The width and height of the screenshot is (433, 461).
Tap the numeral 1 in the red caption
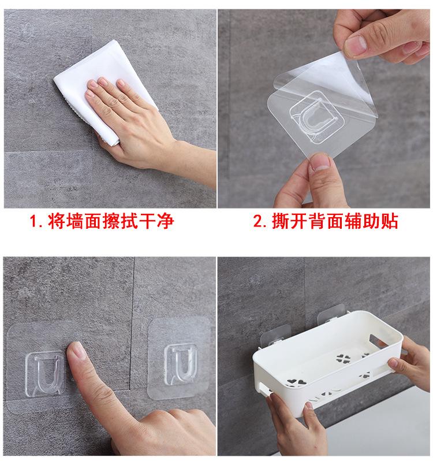[33, 221]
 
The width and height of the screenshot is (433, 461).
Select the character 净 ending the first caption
[166, 221]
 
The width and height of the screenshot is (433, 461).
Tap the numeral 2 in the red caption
[258, 221]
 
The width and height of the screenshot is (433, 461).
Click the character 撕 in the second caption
[281, 221]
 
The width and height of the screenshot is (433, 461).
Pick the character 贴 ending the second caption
[389, 221]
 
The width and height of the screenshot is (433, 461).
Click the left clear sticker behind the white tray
[273, 334]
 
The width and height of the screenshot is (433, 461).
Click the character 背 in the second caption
[318, 221]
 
